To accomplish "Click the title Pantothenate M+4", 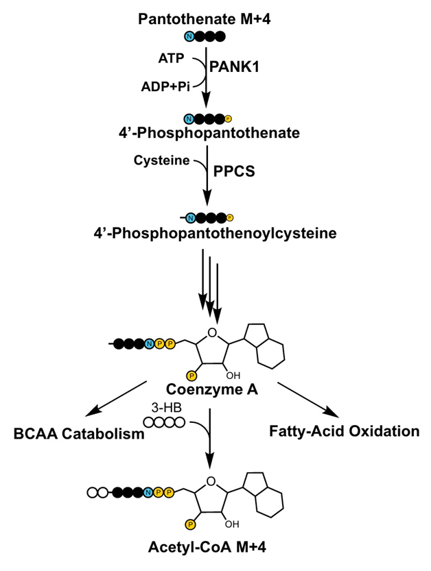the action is [205, 19].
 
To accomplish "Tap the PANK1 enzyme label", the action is [234, 67].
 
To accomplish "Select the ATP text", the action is [171, 58].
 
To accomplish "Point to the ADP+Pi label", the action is [165, 86].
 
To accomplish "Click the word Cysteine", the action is [161, 160].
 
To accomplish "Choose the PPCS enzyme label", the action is [234, 171].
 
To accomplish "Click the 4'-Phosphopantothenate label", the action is [209, 133].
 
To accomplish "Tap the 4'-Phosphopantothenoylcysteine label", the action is [215, 233].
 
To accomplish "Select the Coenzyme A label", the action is [212, 389].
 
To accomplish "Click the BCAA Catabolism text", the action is [79, 434].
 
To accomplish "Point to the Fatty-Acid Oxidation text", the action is [345, 431].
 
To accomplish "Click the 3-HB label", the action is [166, 407].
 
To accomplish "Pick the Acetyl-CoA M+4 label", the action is [207, 547].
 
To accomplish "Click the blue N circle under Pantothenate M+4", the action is [189, 36].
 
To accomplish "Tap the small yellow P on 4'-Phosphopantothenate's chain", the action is [229, 119].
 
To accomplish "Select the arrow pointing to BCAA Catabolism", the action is [116, 398].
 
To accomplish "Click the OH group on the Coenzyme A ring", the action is [233, 376].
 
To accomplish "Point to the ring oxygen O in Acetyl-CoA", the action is [211, 481].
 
